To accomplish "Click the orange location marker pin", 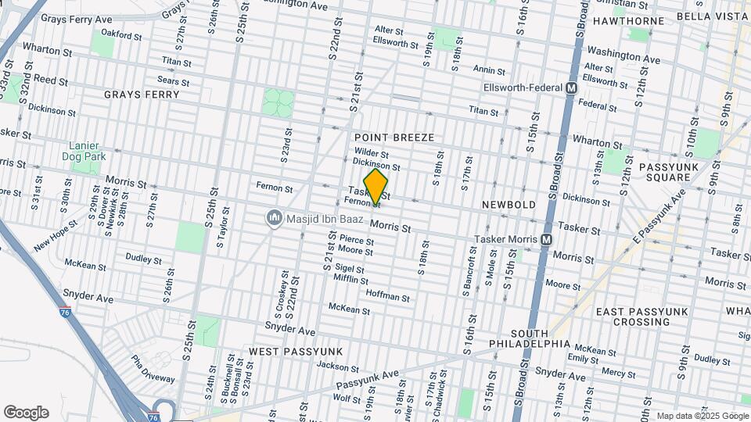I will (375, 187).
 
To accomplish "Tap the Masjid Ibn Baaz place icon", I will (274, 216).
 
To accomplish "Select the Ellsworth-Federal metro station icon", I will (572, 88).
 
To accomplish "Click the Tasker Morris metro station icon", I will (546, 239).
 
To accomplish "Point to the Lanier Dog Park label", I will (87, 151).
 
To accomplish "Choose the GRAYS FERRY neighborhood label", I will (142, 95).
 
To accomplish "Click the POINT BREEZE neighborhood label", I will (393, 138).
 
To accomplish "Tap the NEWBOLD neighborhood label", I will (508, 205).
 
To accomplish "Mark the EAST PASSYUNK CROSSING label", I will (642, 316).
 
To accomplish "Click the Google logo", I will (26, 413).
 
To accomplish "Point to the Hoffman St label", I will (387, 298).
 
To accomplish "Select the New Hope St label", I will (56, 236).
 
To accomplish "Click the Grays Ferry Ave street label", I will (76, 18).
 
